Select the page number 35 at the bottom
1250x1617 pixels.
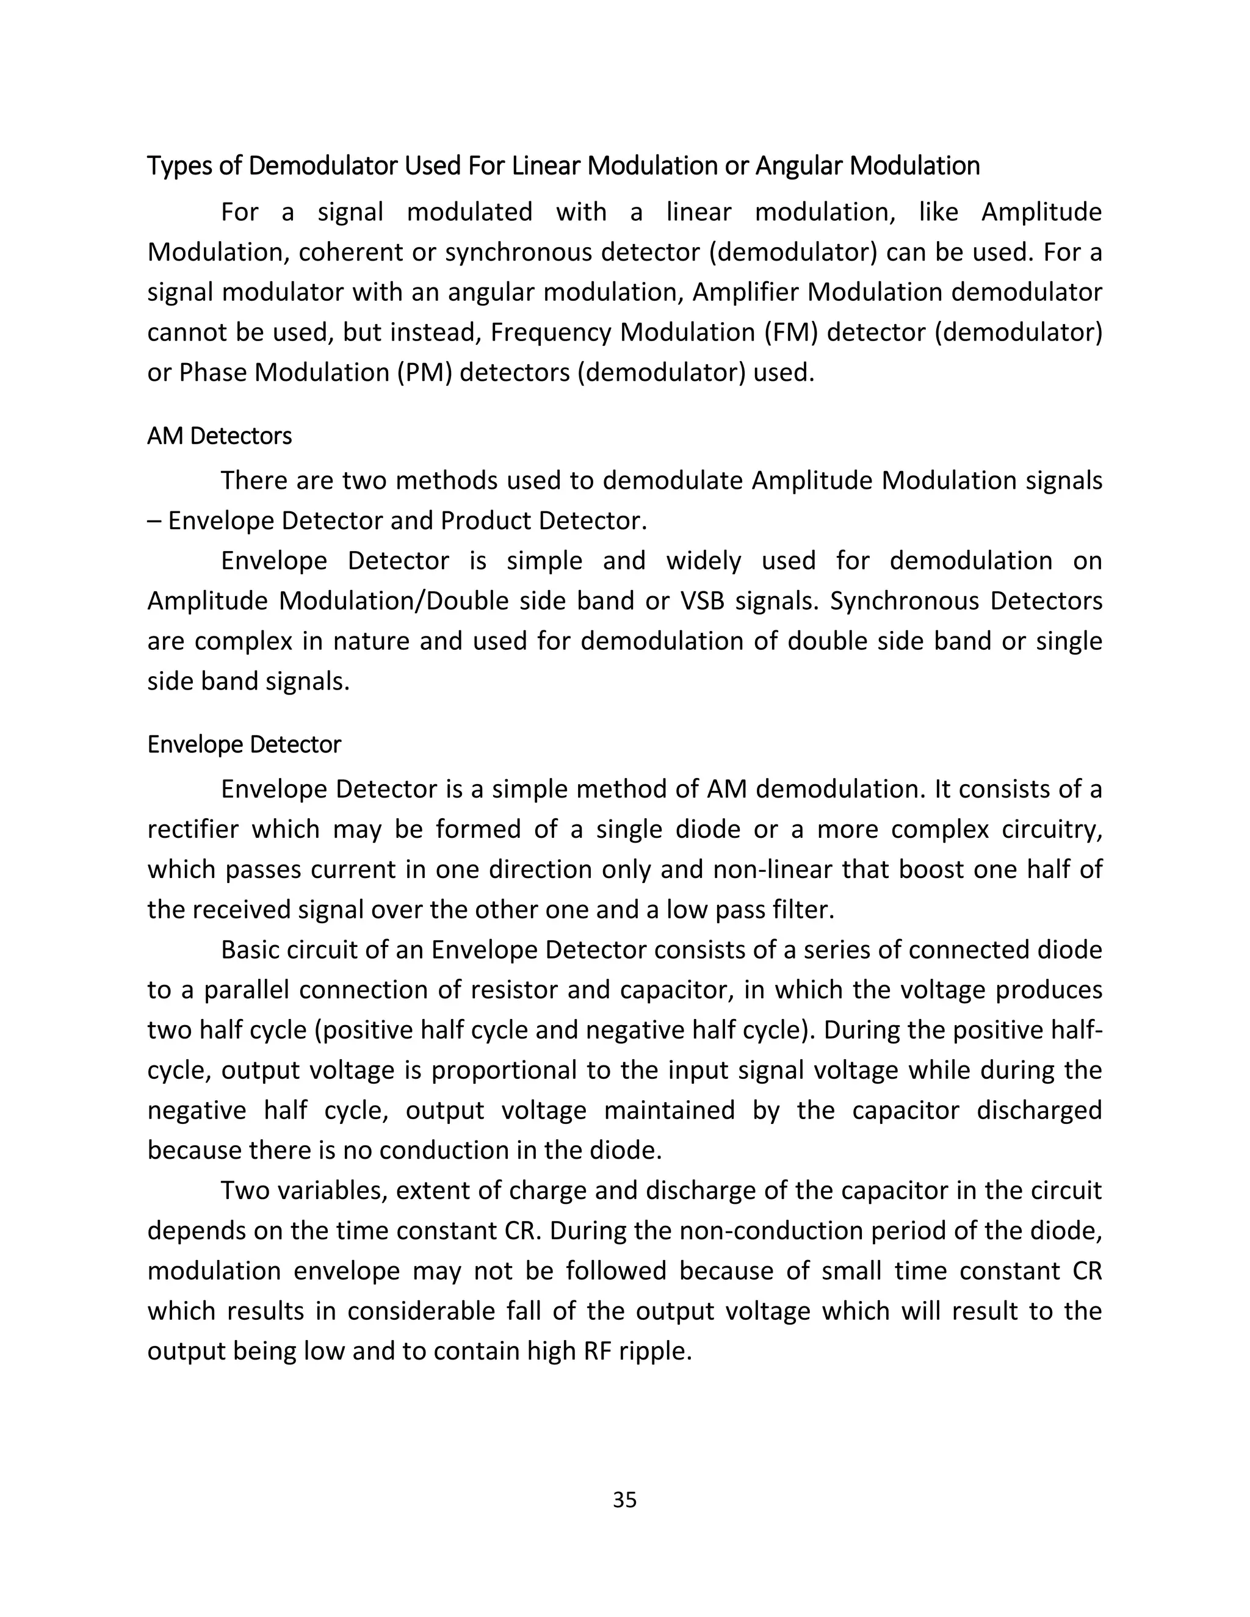(x=624, y=1499)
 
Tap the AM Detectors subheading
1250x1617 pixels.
(x=219, y=436)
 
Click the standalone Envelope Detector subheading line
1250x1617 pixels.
(x=244, y=744)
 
